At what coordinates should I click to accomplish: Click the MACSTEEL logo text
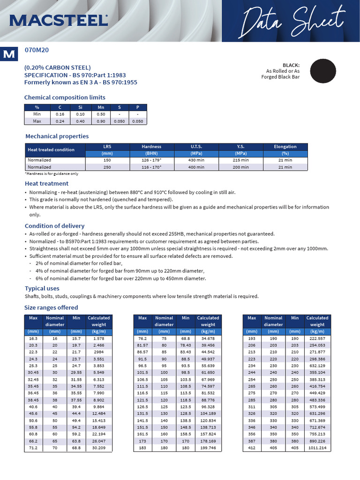point(58,20)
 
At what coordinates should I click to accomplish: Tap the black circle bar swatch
point(323,71)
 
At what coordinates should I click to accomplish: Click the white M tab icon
point(9,54)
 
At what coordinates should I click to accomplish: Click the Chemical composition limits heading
point(65,97)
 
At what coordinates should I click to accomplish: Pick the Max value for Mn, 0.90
point(101,121)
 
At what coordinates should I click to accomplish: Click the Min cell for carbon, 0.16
point(60,114)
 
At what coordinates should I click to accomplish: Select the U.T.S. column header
point(196,147)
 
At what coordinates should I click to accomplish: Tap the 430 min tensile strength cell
point(196,160)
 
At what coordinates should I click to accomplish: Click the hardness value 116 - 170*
point(151,167)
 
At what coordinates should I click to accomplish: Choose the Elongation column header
point(285,147)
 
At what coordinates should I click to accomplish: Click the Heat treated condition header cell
point(51,150)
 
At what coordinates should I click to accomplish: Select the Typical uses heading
point(42,288)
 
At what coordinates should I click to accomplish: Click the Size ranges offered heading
point(51,307)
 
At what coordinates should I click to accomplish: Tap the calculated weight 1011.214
point(317,448)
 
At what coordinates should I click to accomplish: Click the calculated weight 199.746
point(208,448)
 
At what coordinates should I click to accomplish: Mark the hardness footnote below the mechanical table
point(52,173)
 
